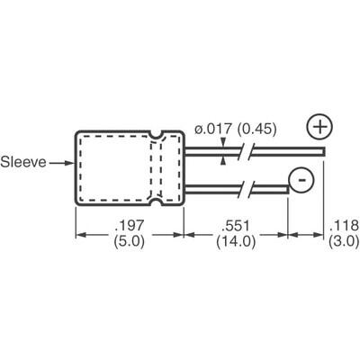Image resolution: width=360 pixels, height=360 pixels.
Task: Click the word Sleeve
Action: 24,164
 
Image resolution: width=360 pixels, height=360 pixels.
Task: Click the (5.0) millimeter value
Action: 127,244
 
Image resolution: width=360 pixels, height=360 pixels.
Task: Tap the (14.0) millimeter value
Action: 235,244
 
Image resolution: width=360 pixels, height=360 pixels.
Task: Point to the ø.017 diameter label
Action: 214,133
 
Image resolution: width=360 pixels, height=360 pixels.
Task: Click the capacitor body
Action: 112,168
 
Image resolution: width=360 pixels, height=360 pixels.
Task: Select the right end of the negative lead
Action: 286,186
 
